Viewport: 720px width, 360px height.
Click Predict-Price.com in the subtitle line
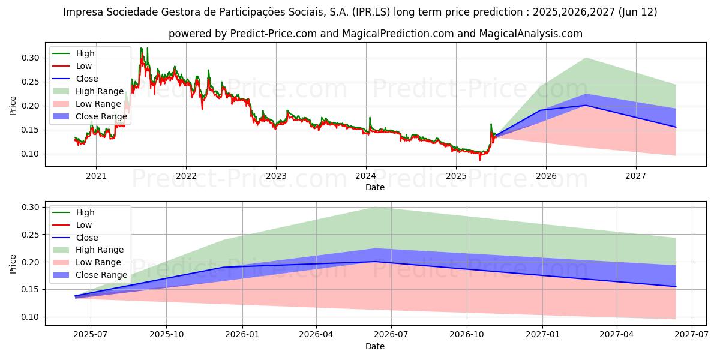pos(273,34)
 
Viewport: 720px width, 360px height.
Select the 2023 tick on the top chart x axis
pos(276,176)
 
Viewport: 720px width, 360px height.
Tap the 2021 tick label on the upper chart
pos(96,176)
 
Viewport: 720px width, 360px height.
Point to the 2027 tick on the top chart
pos(635,176)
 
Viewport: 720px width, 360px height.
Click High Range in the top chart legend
pos(100,91)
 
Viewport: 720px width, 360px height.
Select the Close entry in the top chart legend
pos(87,79)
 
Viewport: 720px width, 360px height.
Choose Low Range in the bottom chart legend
pos(98,262)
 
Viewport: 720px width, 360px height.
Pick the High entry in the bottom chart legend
pos(85,212)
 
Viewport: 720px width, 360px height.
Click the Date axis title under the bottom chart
pos(375,346)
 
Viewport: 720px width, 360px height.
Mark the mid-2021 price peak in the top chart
pos(142,49)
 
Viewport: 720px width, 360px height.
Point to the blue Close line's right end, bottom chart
pos(676,286)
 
